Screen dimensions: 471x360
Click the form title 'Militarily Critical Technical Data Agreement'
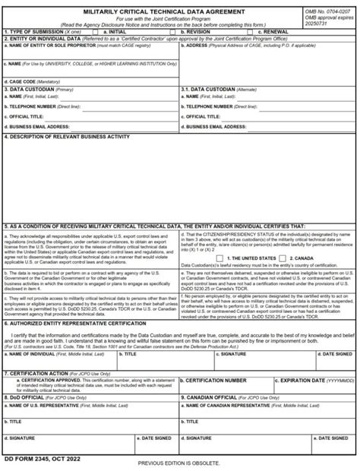point(175,11)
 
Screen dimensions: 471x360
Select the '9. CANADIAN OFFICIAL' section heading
point(212,396)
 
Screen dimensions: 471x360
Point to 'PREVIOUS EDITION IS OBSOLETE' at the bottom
point(179,463)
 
